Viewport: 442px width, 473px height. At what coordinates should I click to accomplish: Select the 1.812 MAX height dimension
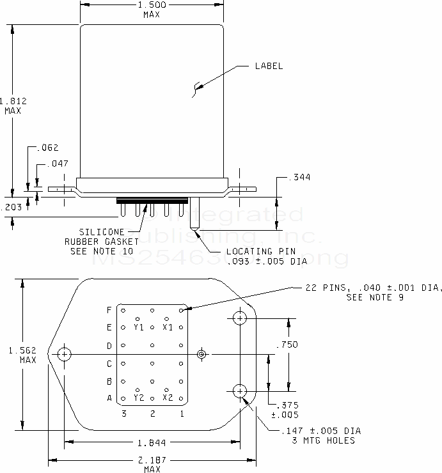(x=11, y=105)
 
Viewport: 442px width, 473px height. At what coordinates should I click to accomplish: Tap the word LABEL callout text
(x=269, y=66)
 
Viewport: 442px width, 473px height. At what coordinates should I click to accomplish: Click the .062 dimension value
(x=48, y=148)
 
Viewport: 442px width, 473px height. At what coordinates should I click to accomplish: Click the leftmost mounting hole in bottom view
(x=64, y=354)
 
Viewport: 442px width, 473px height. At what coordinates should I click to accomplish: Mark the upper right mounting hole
(x=240, y=318)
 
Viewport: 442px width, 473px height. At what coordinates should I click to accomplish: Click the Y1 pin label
(x=139, y=327)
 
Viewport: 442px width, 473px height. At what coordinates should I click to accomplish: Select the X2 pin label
(x=168, y=398)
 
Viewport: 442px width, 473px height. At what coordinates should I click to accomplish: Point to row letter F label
(x=109, y=310)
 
